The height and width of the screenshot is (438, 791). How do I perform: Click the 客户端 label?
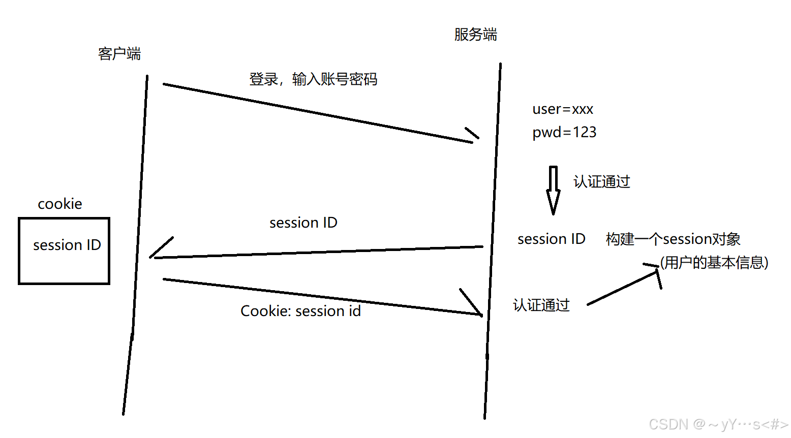click(119, 53)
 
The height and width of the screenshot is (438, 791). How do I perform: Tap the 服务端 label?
click(475, 35)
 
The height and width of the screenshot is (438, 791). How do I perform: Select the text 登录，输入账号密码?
click(313, 79)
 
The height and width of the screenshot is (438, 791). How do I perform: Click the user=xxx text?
click(563, 109)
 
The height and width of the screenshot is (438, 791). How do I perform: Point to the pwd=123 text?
click(564, 132)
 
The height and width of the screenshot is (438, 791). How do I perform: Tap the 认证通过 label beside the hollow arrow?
click(602, 181)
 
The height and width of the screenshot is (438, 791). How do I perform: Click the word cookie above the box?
click(60, 204)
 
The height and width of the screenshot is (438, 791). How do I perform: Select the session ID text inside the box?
click(67, 245)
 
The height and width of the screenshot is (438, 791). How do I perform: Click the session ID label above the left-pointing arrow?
click(303, 223)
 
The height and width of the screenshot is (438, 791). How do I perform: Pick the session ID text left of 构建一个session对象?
click(552, 239)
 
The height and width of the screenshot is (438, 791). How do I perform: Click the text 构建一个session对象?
click(673, 239)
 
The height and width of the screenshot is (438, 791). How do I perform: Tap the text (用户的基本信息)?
click(714, 262)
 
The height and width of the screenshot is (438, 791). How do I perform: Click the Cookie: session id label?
click(300, 311)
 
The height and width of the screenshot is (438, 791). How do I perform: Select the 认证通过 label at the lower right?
click(541, 305)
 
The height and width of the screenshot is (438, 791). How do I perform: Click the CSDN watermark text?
click(718, 424)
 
